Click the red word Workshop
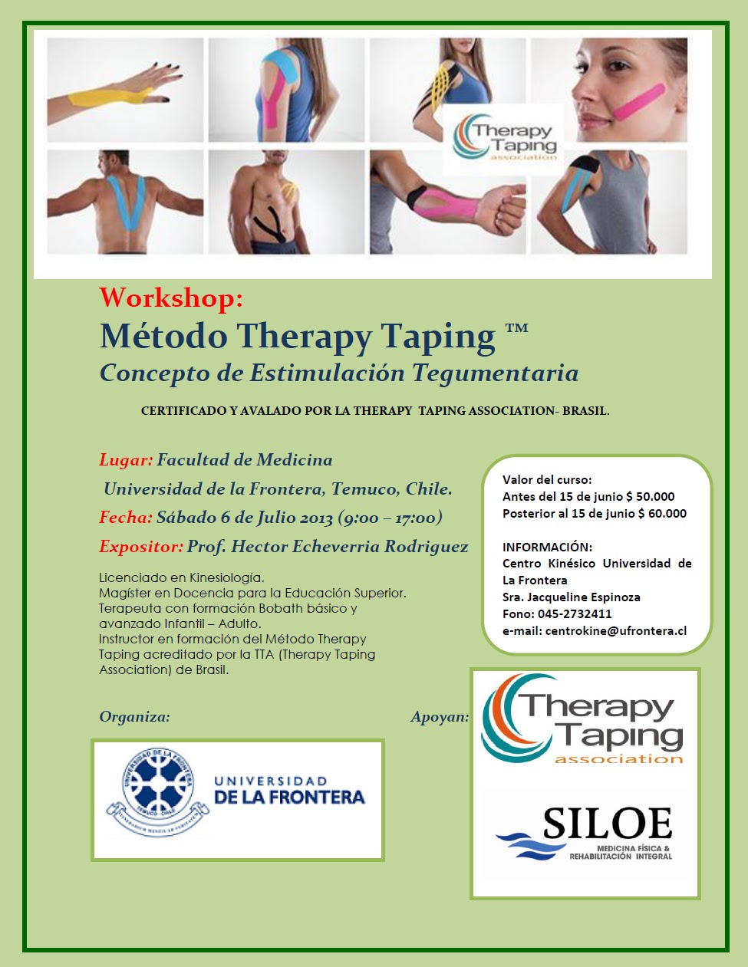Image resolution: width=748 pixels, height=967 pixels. pyautogui.click(x=171, y=298)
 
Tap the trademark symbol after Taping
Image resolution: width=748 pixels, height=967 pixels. pyautogui.click(x=516, y=331)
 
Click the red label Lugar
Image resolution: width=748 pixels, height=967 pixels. pyautogui.click(x=126, y=460)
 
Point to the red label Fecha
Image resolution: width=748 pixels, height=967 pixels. pyautogui.click(x=125, y=518)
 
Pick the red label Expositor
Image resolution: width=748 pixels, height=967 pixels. pyautogui.click(x=140, y=547)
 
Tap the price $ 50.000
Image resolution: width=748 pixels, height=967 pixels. pyautogui.click(x=651, y=497)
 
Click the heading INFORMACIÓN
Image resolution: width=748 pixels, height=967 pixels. pyautogui.click(x=547, y=548)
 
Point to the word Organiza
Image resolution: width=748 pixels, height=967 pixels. pyautogui.click(x=134, y=717)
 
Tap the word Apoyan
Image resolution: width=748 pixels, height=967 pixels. pyautogui.click(x=440, y=717)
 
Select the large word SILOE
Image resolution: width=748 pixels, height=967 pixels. pyautogui.click(x=607, y=824)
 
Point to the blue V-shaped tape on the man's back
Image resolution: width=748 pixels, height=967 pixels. pyautogui.click(x=125, y=201)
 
